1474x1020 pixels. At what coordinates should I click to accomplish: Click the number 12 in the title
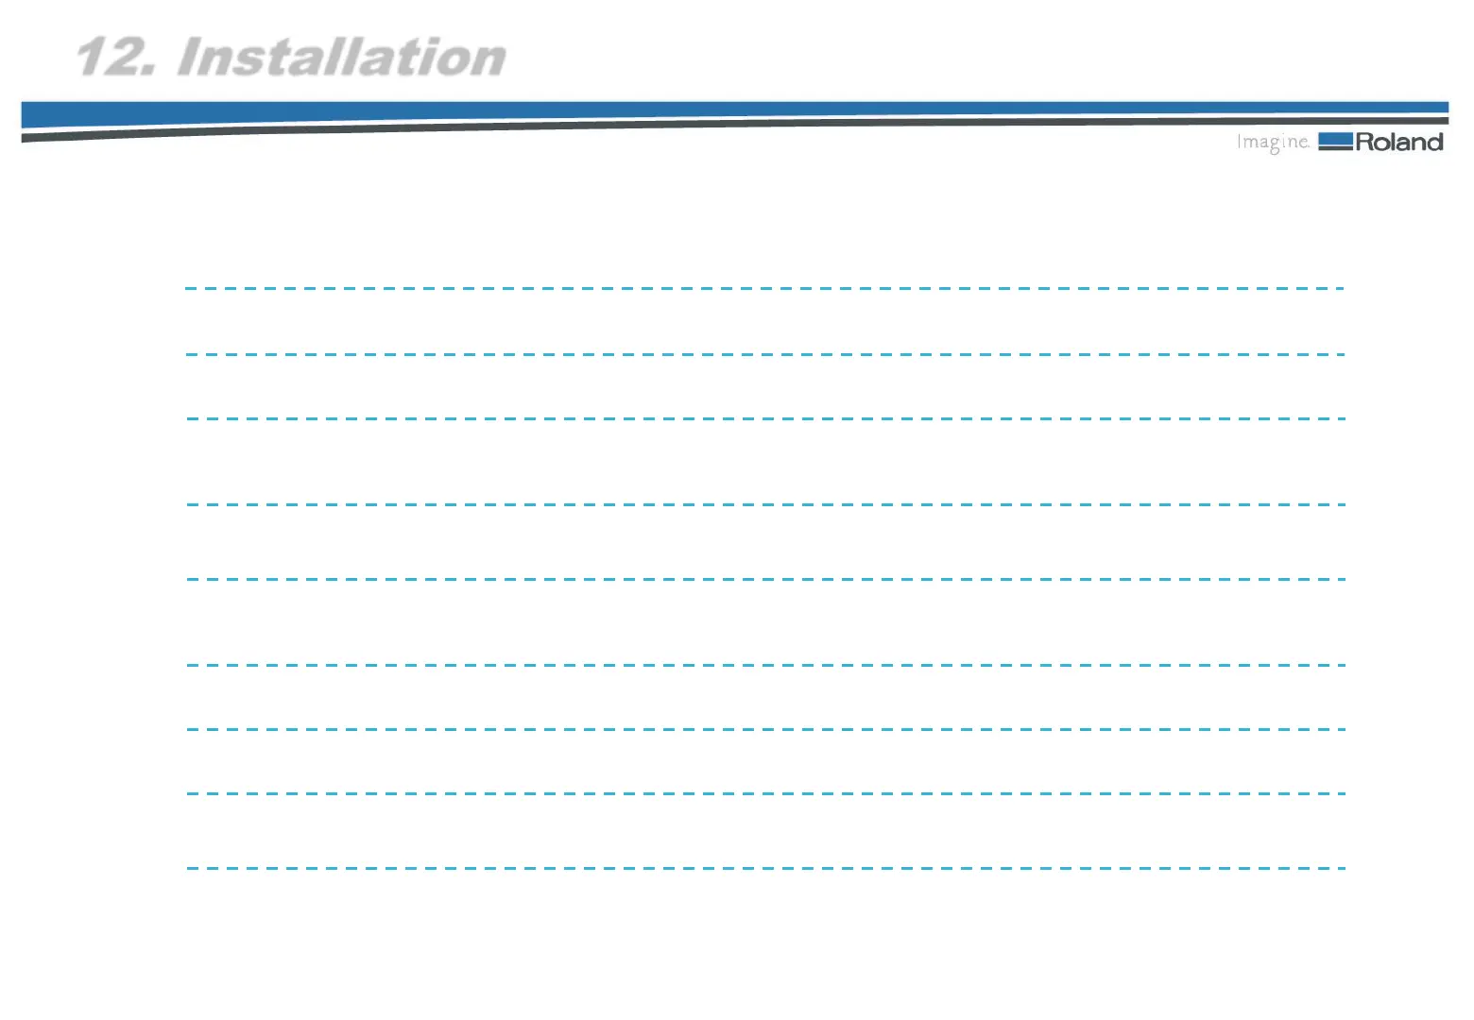click(111, 58)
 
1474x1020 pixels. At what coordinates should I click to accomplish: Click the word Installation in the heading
click(341, 58)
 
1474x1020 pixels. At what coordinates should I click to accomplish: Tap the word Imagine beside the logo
click(1273, 143)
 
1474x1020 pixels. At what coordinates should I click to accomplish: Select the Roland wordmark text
click(1399, 143)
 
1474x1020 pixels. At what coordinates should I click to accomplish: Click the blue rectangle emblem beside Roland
click(1335, 142)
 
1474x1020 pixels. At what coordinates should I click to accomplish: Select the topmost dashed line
click(764, 288)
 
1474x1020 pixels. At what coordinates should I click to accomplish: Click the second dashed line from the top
click(764, 354)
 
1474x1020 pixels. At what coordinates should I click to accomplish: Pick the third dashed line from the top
click(764, 418)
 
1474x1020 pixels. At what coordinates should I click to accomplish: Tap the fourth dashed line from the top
click(764, 504)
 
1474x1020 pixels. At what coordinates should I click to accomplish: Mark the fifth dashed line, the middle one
click(764, 579)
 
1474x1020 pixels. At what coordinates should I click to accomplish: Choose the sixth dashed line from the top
click(764, 665)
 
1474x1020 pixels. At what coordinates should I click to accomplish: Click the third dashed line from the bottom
click(764, 729)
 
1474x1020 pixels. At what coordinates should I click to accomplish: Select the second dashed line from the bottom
click(764, 793)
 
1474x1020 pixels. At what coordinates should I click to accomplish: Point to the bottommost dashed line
click(764, 868)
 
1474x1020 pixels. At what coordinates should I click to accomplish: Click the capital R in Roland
click(1365, 143)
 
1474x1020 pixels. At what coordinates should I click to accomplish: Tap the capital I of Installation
click(188, 58)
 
